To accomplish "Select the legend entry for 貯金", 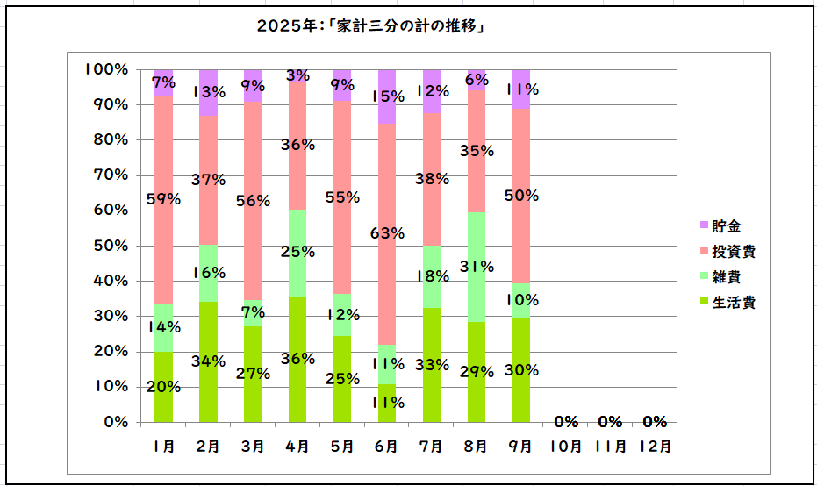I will point(724,226).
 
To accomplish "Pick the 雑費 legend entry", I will point(724,277).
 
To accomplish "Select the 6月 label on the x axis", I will point(386,446).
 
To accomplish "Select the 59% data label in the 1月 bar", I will point(163,199).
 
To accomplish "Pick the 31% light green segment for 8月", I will point(476,267).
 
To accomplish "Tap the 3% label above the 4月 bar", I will point(297,76).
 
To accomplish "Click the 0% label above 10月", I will point(565,421).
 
